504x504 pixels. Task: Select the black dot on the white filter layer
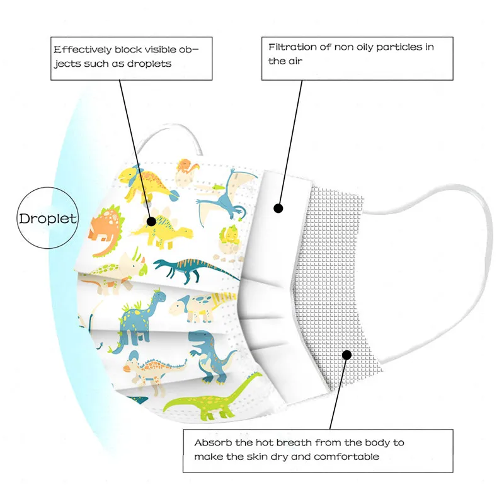coord(278,208)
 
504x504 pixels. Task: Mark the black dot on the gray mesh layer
coord(346,355)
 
